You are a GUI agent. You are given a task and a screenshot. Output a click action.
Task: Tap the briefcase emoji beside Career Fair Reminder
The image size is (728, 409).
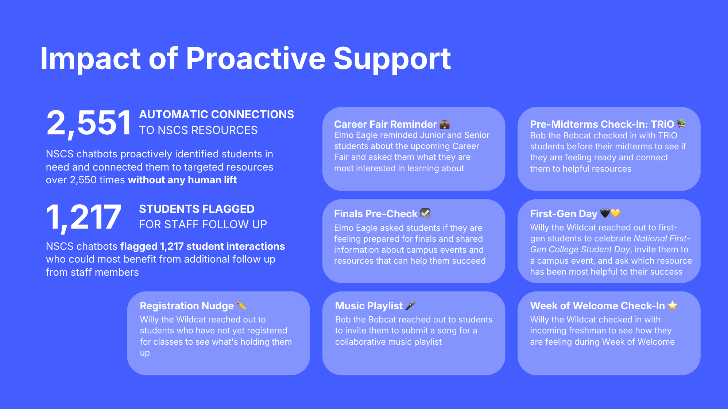[x=445, y=125]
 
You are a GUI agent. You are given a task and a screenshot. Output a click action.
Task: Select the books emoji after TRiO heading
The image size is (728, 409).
[x=681, y=124]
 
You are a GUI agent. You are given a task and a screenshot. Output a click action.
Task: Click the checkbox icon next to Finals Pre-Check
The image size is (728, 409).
[x=425, y=213]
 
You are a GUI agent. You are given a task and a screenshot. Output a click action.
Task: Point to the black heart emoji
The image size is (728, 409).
[x=605, y=213]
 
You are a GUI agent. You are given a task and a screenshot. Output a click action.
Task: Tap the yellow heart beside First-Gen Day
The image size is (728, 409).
[x=615, y=213]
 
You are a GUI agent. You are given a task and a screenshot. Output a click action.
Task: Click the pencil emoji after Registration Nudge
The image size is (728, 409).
[x=241, y=305]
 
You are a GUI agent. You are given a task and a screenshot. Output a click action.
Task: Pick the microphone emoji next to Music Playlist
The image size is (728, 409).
[x=410, y=305]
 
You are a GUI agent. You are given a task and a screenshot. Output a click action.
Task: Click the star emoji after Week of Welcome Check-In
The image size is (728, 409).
[x=673, y=305]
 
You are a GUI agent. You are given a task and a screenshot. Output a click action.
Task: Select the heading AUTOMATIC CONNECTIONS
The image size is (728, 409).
[x=217, y=114]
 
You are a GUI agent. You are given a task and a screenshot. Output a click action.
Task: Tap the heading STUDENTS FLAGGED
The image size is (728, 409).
[x=197, y=209]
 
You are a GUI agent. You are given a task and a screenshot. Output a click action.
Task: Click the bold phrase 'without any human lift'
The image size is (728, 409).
[x=182, y=180]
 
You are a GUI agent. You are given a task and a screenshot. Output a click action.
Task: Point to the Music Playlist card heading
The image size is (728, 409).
[x=369, y=306]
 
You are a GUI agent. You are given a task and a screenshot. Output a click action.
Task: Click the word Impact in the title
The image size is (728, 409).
[x=90, y=59]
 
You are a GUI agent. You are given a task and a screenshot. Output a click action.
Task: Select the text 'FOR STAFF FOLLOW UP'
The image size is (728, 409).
[x=203, y=224]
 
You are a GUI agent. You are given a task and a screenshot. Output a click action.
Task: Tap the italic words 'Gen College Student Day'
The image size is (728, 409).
[x=580, y=249]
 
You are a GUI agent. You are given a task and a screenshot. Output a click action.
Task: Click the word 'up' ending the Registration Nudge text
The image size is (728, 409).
[x=145, y=353]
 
